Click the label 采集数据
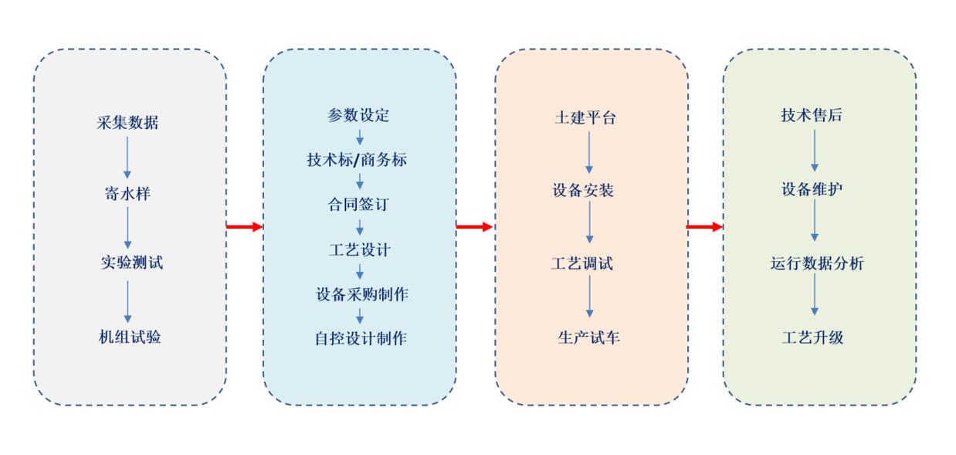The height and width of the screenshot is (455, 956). point(127,123)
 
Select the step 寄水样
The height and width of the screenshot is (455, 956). point(127,193)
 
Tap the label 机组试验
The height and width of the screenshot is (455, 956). point(130,337)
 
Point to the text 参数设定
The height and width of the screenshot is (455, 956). point(358,116)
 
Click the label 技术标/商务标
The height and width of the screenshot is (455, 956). point(357,160)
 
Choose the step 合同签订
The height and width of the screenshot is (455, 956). point(358,205)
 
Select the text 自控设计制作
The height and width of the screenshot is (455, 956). point(361,338)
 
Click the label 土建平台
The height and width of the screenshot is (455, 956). point(585,117)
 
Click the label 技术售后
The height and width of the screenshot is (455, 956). point(812,116)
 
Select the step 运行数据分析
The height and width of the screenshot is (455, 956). point(817,263)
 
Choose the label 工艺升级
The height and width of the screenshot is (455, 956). point(813,338)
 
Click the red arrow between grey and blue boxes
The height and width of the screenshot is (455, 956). point(244,226)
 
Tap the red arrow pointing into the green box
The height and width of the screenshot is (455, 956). point(704,226)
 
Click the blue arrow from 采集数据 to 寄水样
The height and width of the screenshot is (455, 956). point(127,158)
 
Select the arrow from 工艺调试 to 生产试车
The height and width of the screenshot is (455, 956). point(589,297)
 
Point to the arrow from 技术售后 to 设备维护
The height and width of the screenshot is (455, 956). point(814,151)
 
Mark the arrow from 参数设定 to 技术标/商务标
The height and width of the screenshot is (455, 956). point(359,138)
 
